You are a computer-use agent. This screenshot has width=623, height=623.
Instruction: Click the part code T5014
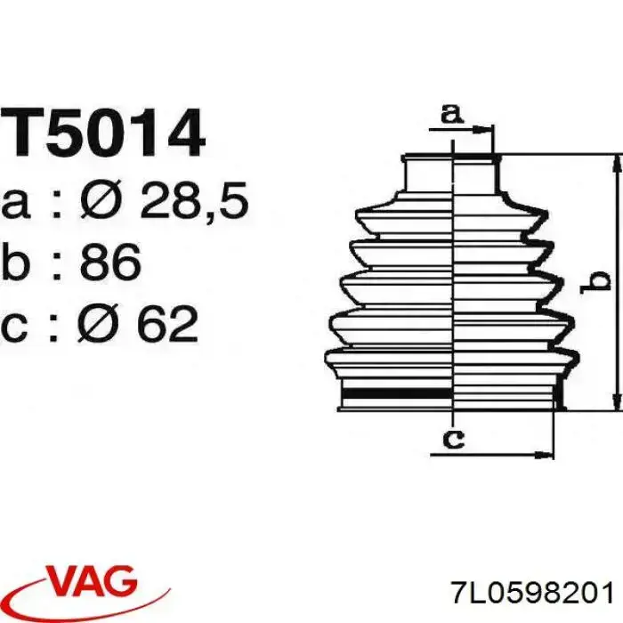pyautogui.click(x=102, y=133)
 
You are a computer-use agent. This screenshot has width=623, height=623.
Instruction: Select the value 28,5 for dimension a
pyautogui.click(x=194, y=200)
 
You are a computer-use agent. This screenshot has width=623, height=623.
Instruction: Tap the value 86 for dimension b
pyautogui.click(x=110, y=261)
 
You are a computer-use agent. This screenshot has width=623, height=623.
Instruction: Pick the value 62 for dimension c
pyautogui.click(x=167, y=324)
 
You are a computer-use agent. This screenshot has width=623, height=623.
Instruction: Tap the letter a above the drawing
pyautogui.click(x=452, y=114)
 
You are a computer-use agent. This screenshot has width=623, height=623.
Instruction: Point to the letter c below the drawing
pyautogui.click(x=453, y=439)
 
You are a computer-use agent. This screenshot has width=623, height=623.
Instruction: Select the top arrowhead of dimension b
pyautogui.click(x=617, y=164)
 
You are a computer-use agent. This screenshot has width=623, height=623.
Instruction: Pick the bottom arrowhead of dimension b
pyautogui.click(x=617, y=401)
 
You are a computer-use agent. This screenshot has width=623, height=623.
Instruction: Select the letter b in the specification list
pyautogui.click(x=16, y=261)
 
